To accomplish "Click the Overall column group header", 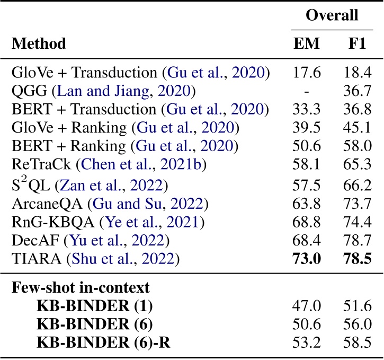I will tap(332, 15).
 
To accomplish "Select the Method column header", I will tap(39, 43).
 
